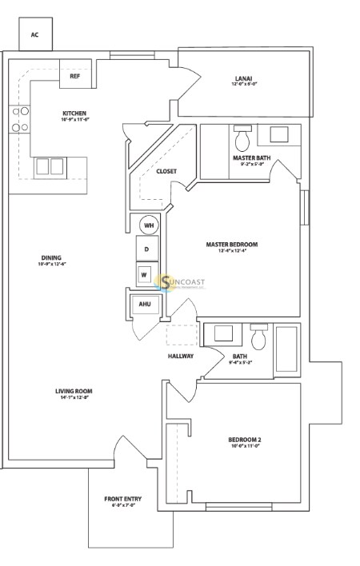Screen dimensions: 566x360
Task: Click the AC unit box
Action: [x=34, y=35]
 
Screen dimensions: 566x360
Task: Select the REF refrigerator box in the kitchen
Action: [x=74, y=77]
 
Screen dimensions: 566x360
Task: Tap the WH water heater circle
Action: [x=148, y=226]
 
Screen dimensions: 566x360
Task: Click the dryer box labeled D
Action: [x=146, y=249]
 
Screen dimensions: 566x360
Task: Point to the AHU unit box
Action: [x=145, y=305]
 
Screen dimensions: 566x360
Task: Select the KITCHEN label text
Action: [x=74, y=114]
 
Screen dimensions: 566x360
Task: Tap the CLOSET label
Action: [x=166, y=171]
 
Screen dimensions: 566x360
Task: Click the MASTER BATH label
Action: [x=251, y=158]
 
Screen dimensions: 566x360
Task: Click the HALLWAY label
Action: [x=180, y=356]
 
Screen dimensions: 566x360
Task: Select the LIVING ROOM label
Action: [x=71, y=391]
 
